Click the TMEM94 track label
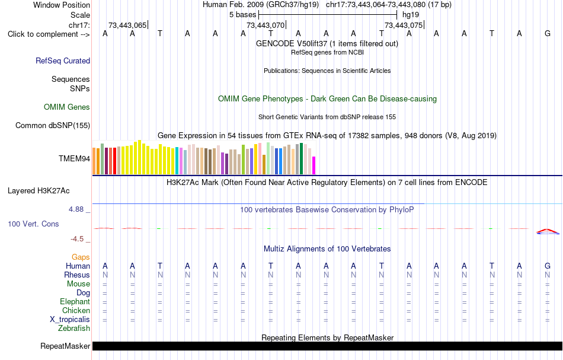[74, 158]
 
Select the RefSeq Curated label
[63, 60]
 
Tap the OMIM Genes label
[67, 107]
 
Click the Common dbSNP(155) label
[53, 125]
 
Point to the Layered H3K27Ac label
[39, 191]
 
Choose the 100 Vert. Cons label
[33, 224]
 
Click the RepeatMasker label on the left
[65, 346]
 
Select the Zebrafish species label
[74, 329]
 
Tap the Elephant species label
[75, 302]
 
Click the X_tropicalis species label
[70, 320]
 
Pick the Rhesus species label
[77, 275]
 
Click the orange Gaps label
[81, 257]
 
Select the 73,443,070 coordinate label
[265, 25]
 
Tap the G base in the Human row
[548, 266]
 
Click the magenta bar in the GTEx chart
[314, 165]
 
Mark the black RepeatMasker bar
[328, 346]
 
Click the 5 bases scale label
[243, 15]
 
